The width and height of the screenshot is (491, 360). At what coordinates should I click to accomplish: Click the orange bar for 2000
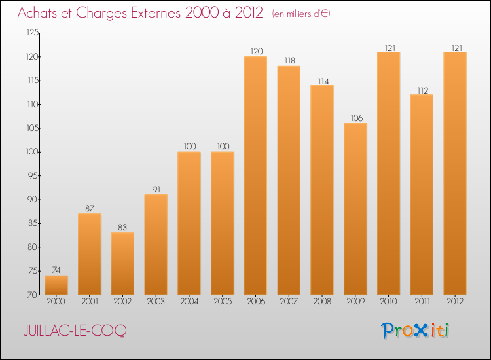56,285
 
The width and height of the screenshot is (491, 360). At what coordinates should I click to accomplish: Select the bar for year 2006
255,175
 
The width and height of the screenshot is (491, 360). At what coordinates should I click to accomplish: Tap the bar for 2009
355,209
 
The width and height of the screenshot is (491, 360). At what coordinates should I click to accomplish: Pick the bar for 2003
156,245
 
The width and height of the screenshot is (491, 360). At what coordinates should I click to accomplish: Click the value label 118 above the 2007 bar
290,60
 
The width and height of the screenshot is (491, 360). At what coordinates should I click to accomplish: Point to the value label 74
56,270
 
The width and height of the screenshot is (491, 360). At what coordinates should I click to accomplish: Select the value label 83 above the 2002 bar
122,227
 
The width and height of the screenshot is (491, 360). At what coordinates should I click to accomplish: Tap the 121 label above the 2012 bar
457,48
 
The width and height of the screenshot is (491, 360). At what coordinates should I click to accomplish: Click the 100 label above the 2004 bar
190,146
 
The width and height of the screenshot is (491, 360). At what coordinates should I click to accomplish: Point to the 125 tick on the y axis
33,33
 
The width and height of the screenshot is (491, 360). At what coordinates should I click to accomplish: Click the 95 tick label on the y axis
33,175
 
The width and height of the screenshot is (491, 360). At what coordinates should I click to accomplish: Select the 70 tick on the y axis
33,295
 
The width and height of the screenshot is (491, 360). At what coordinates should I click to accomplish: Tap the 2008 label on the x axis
322,301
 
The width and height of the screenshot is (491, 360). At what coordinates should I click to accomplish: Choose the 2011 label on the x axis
422,301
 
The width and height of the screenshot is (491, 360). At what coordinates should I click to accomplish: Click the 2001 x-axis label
90,301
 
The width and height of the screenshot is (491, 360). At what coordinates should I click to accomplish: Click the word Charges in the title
101,13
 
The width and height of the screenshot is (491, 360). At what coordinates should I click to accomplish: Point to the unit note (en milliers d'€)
301,14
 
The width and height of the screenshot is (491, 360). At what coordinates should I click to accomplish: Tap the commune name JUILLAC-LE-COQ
75,331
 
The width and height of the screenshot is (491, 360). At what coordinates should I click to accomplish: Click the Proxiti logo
415,331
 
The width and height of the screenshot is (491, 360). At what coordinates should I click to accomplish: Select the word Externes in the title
156,12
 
